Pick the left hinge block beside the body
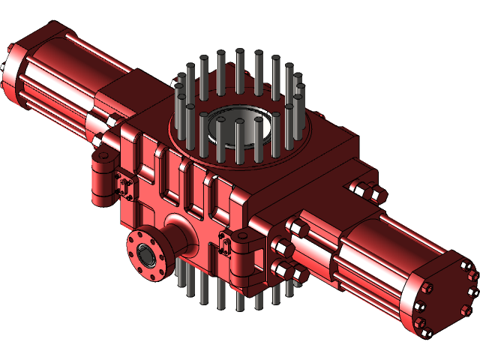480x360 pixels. (101, 176)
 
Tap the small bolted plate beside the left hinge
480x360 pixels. (122, 183)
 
